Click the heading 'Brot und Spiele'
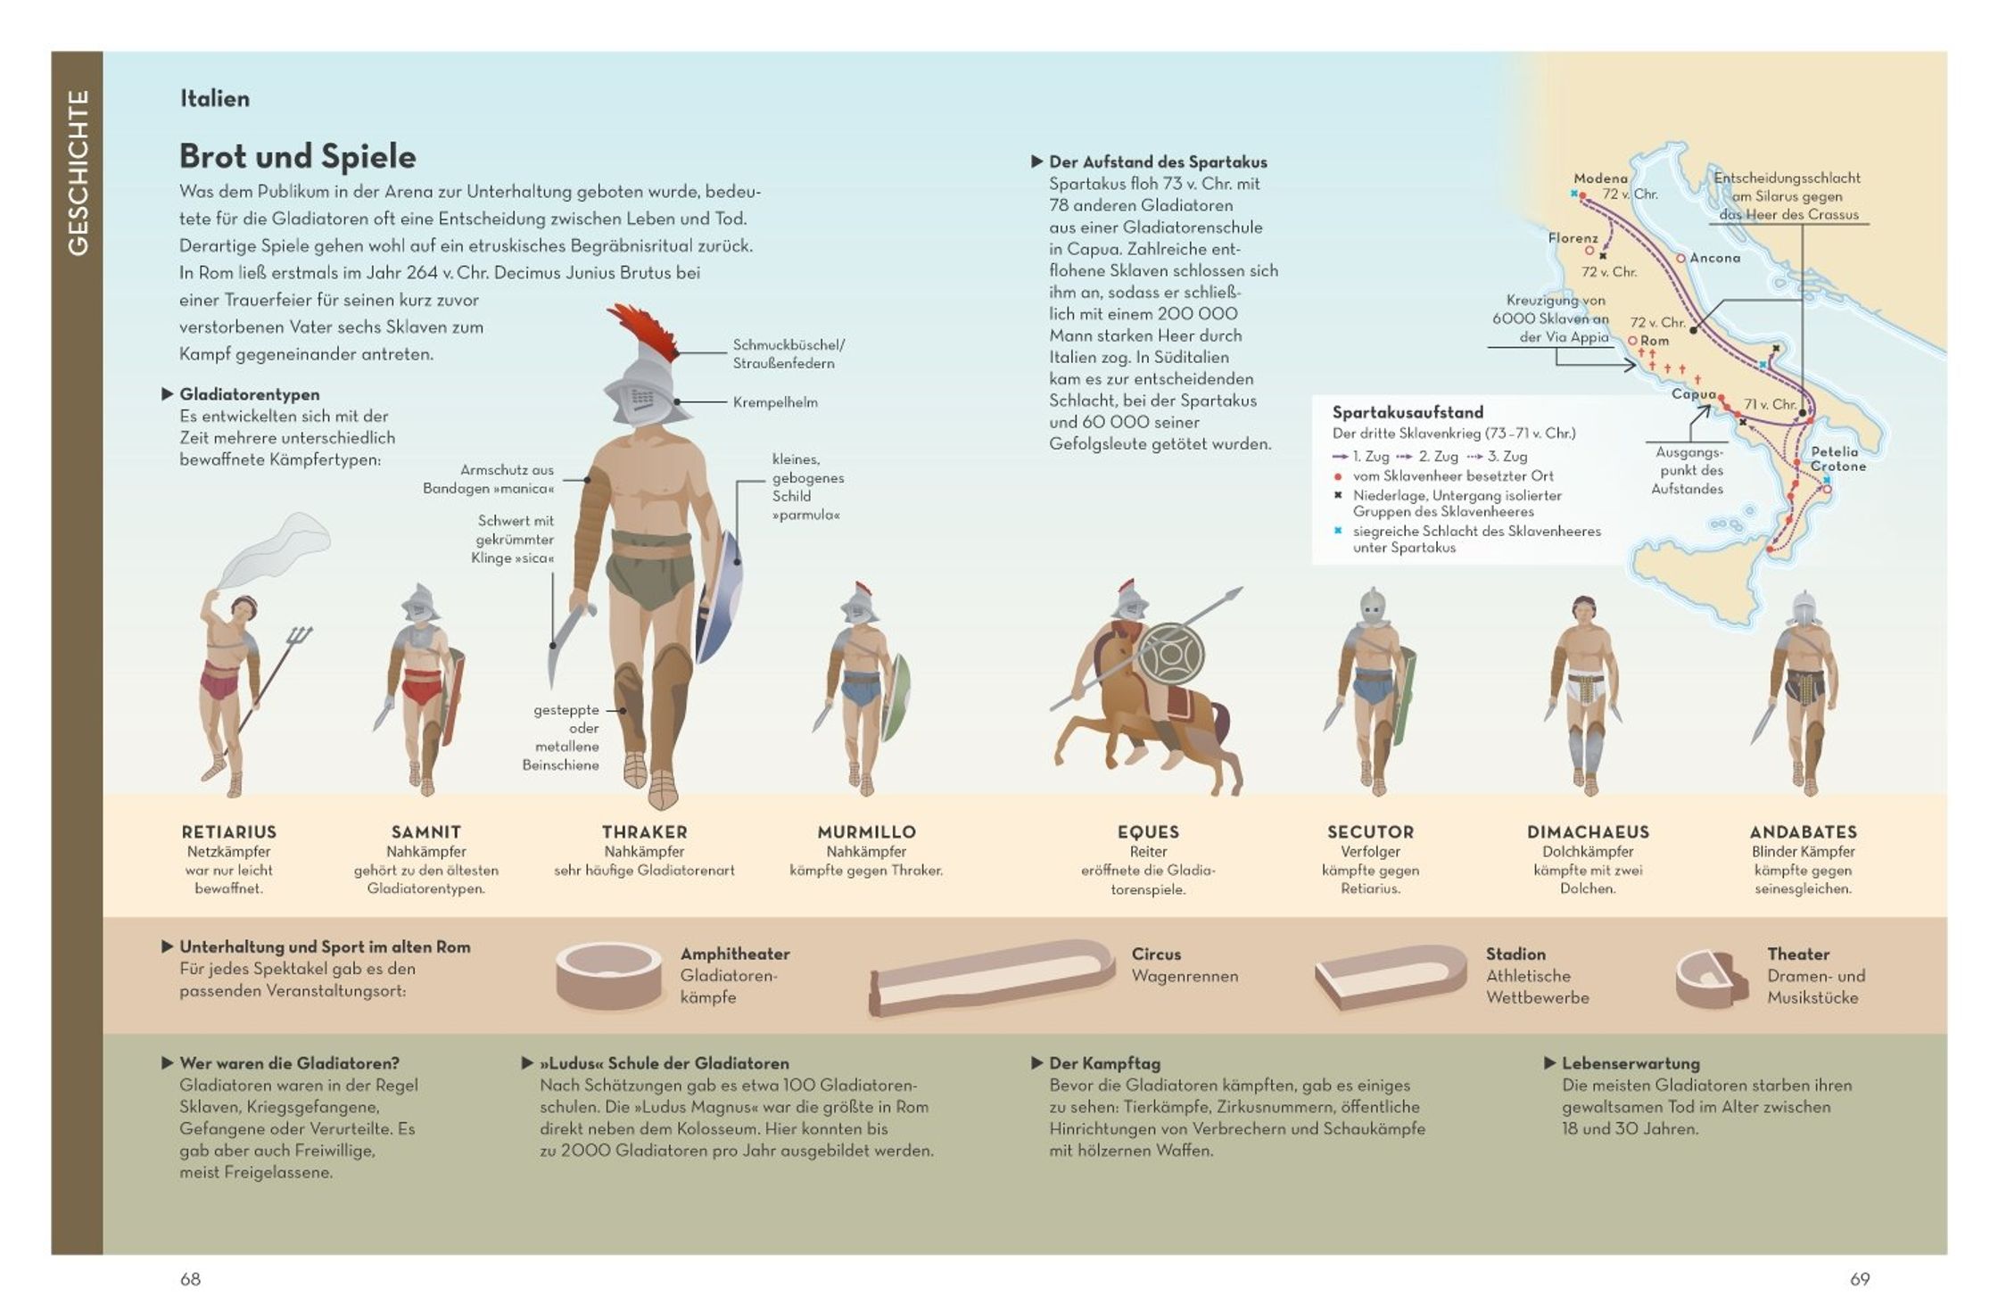pos(297,157)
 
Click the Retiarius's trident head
pos(300,637)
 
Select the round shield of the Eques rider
pos(1171,655)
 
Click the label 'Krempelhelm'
pos(774,402)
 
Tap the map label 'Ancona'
pos(1714,258)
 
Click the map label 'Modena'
pos(1600,178)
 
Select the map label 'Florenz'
pos(1573,238)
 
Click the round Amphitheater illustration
pos(608,976)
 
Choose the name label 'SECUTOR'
pos(1370,832)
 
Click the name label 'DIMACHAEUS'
pos(1588,832)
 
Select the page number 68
pos(190,1279)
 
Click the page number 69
pos(1859,1279)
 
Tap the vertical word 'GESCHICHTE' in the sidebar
pos(78,173)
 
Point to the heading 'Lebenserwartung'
pos(1630,1063)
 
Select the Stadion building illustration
pos(1389,976)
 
